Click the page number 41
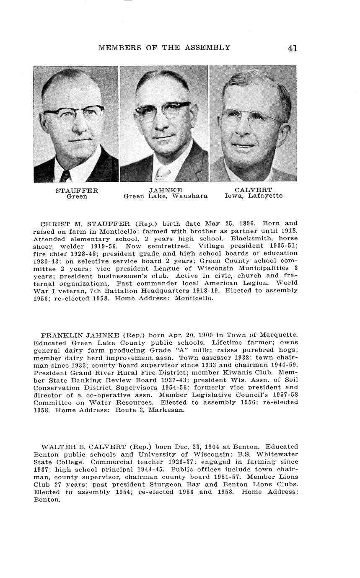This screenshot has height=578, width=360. coord(293,48)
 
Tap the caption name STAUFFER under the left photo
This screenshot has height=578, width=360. coord(77,191)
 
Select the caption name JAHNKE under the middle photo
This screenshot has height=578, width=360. coord(165,191)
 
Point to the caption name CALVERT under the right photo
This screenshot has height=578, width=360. coord(253,190)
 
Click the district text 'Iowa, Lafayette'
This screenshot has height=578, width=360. coord(253,196)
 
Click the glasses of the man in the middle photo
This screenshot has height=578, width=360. coord(163,110)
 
